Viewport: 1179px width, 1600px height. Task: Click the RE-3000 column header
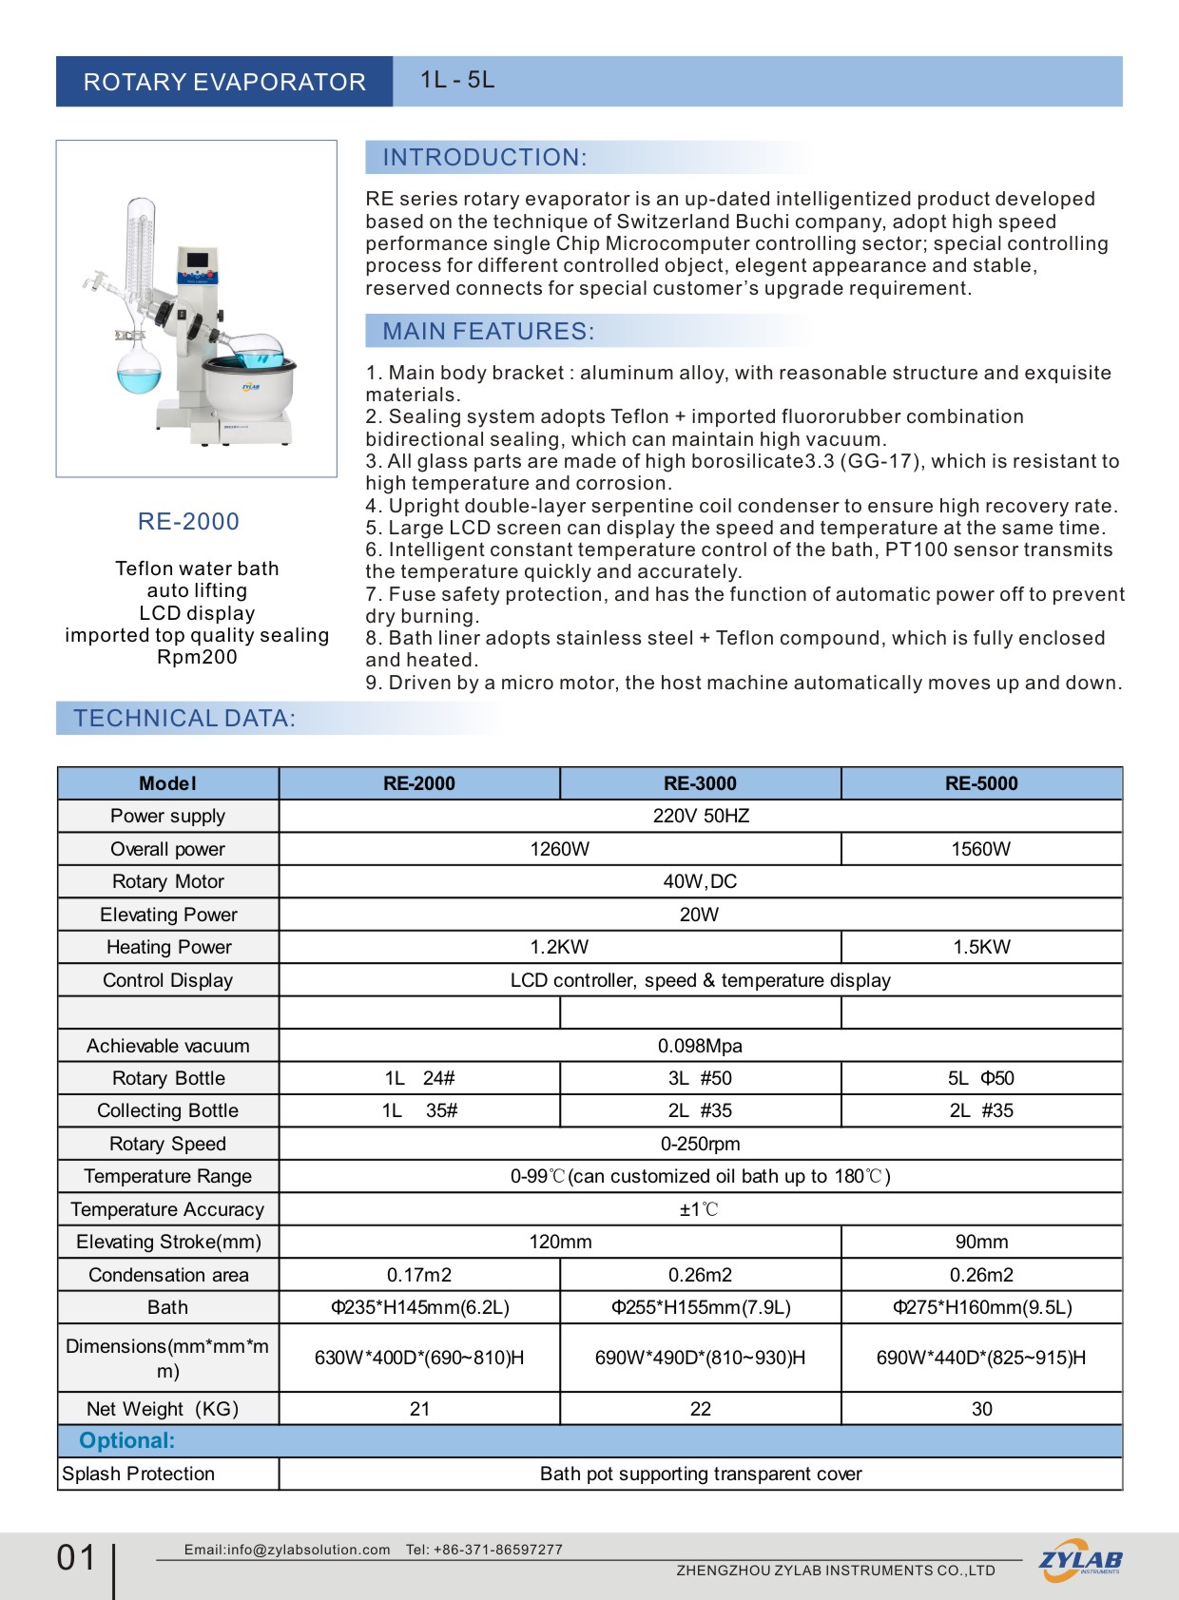click(700, 783)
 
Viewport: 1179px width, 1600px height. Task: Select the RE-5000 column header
click(981, 783)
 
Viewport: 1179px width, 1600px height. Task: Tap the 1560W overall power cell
click(981, 849)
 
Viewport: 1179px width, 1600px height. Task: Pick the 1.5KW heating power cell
click(981, 947)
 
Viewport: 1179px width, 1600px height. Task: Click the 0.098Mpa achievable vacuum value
click(700, 1046)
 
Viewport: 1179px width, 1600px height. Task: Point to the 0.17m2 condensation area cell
click(419, 1275)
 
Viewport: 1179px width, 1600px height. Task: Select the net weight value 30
click(981, 1409)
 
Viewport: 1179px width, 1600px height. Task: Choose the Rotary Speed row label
click(168, 1144)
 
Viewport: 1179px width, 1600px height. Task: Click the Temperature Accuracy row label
click(167, 1209)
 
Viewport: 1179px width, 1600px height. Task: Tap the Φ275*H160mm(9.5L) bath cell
click(981, 1307)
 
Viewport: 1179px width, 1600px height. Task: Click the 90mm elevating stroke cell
click(981, 1242)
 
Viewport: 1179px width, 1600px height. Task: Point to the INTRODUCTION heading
click(485, 158)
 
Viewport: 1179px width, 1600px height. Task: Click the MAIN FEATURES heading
click(488, 332)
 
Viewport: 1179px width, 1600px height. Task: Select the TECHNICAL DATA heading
click(184, 719)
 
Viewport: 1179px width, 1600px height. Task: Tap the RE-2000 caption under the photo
click(188, 521)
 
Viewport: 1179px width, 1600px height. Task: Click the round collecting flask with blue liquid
click(139, 371)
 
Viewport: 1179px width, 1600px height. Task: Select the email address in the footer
click(287, 1550)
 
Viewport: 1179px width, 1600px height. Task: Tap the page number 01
click(76, 1558)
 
